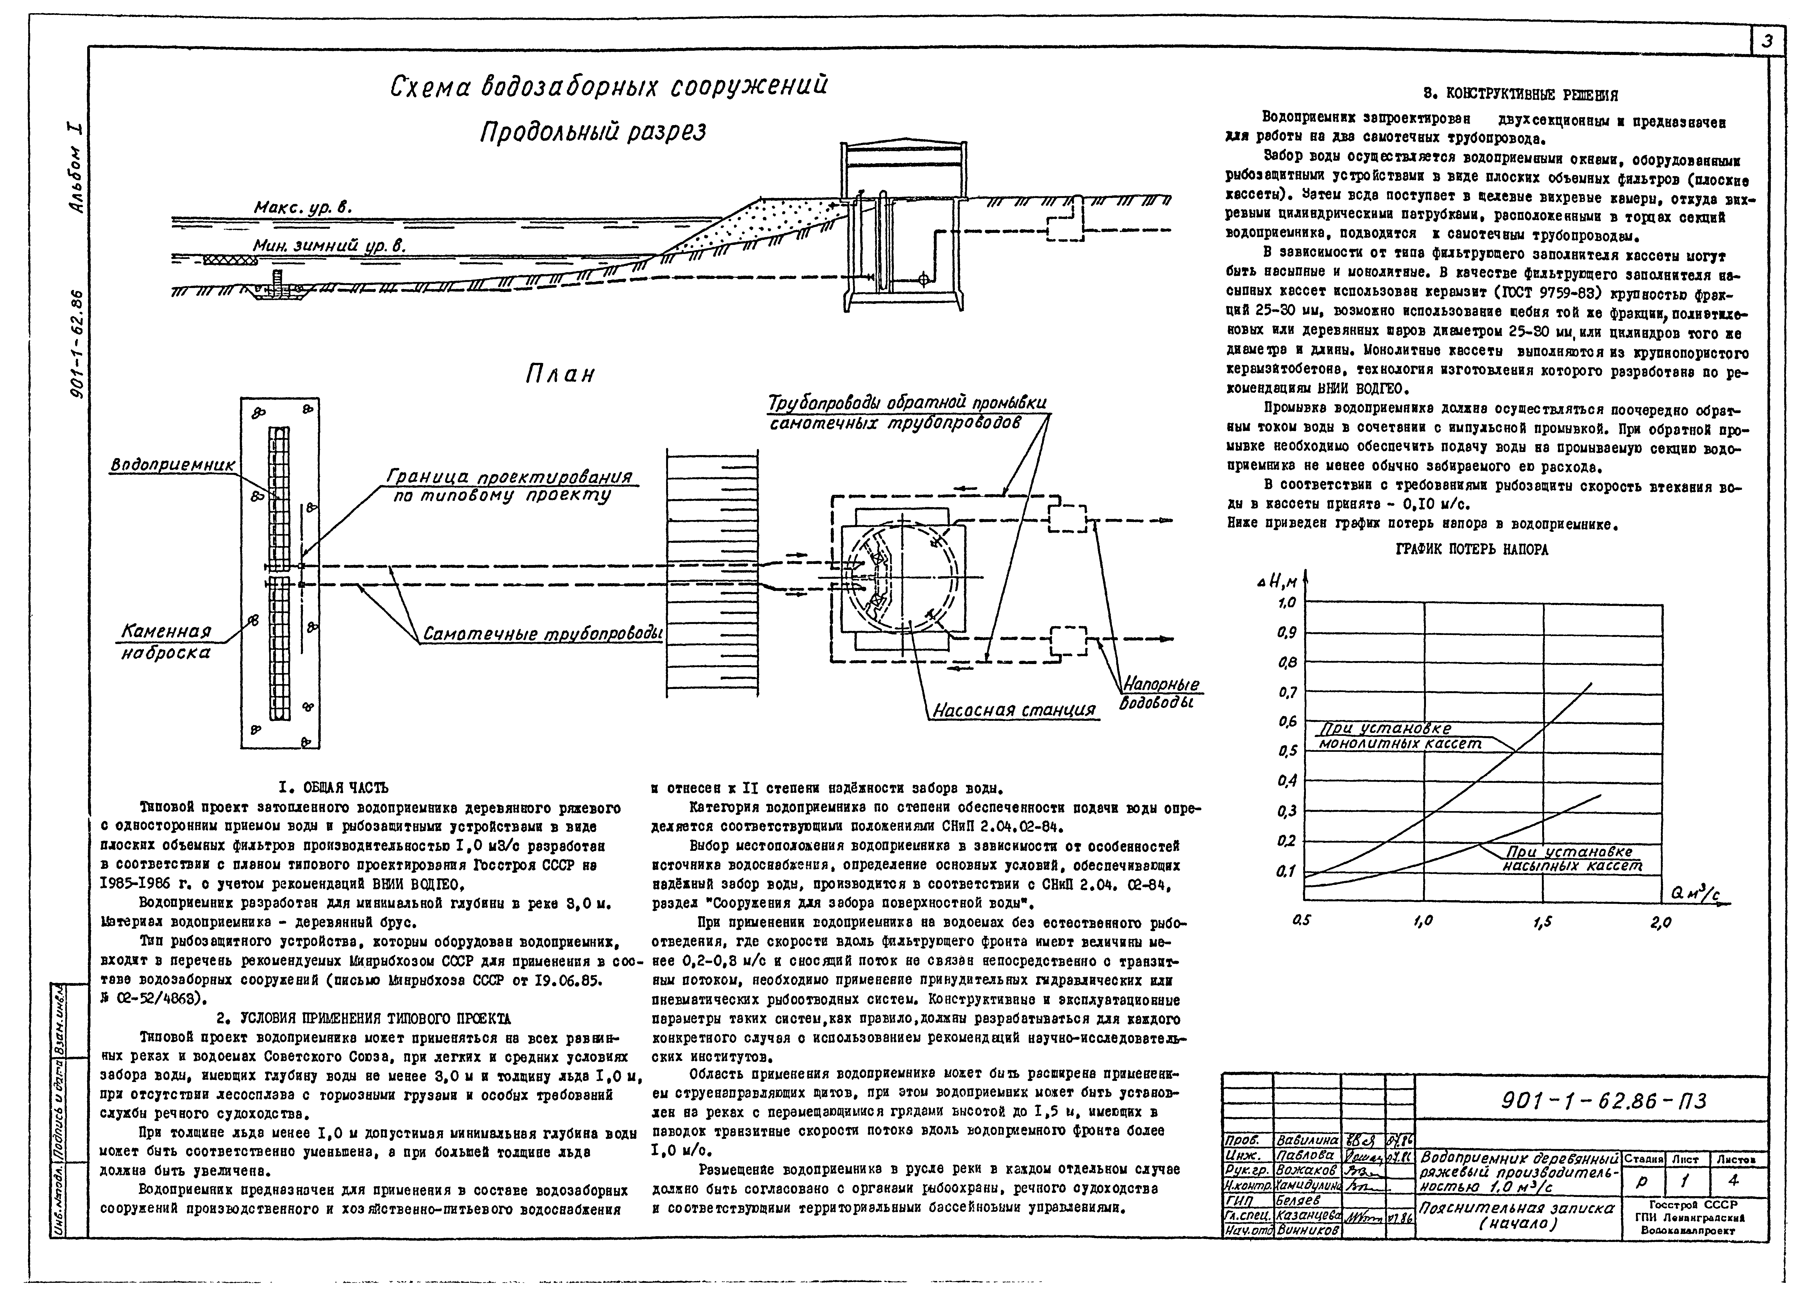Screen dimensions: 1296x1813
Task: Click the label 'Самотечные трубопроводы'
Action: (542, 635)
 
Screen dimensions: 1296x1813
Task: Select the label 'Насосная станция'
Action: (1013, 710)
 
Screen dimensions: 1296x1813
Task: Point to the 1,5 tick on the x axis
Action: (1543, 922)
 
